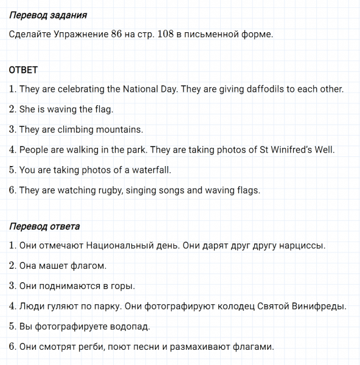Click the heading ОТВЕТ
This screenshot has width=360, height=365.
pos(24,70)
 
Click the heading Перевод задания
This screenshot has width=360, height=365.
pos(48,15)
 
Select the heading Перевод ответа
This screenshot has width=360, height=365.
pos(44,227)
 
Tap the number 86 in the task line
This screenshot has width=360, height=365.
pos(117,34)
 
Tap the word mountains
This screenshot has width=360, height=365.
pos(121,130)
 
